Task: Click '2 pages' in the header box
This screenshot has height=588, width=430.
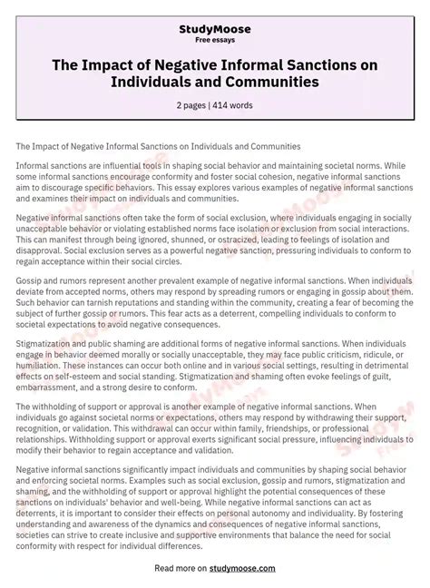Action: (x=191, y=105)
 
